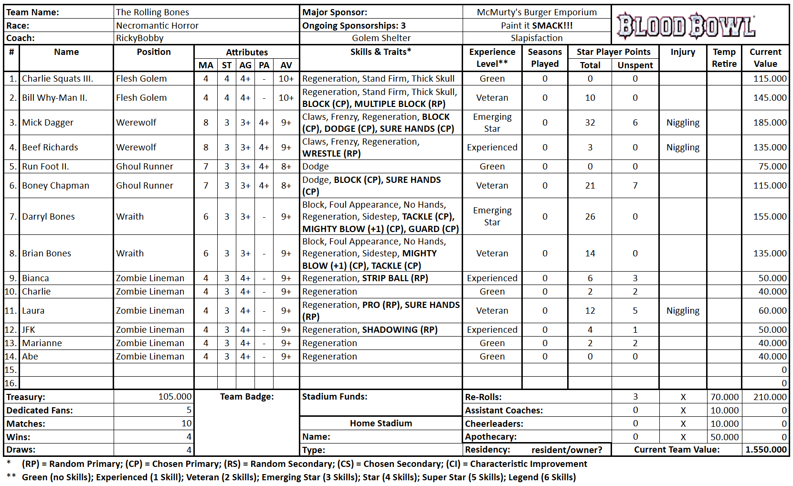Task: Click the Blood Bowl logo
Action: (x=686, y=25)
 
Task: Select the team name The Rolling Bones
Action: (x=152, y=12)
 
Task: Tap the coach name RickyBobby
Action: (x=139, y=38)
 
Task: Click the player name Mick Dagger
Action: (x=48, y=123)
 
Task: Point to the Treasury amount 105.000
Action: (x=175, y=397)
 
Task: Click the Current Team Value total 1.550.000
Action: (x=766, y=450)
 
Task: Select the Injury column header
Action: (x=682, y=52)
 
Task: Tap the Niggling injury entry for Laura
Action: (x=683, y=311)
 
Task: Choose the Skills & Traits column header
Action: (x=381, y=52)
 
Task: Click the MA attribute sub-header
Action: (x=206, y=65)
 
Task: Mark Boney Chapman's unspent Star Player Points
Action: (x=635, y=186)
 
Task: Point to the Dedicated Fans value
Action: (x=189, y=410)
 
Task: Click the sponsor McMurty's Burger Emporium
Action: (x=537, y=12)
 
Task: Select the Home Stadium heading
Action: (x=381, y=423)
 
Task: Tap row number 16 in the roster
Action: (x=11, y=383)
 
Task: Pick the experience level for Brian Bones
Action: (x=492, y=254)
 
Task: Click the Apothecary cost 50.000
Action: (x=724, y=437)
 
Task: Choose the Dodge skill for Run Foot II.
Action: (x=316, y=167)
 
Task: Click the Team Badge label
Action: (x=247, y=397)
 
